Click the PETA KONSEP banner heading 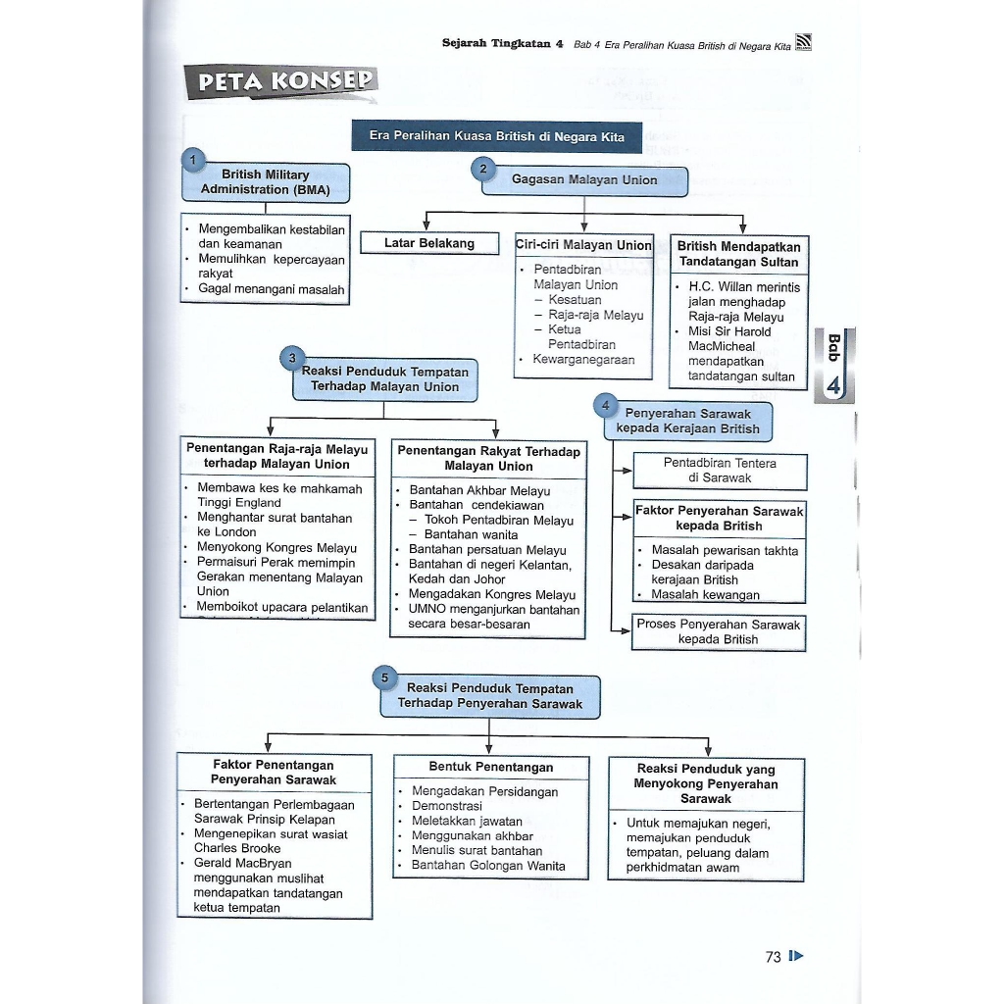coord(281,82)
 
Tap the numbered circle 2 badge coord(482,169)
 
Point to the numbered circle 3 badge coord(292,359)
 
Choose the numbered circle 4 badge coord(607,405)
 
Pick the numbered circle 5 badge coord(384,678)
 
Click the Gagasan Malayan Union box coord(584,180)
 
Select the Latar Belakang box coord(429,243)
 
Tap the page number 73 coord(773,957)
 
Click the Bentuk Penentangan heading coord(490,768)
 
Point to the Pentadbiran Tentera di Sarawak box coord(720,471)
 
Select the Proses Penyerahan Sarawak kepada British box coord(719,632)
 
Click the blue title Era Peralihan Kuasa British coord(496,136)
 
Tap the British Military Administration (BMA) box coord(266,182)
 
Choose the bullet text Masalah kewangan coord(705,595)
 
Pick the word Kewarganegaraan coord(583,360)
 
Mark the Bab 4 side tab coord(833,366)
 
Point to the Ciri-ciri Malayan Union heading coord(583,245)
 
